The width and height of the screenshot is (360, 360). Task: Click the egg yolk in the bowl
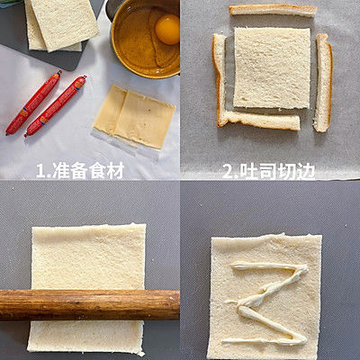(x=166, y=29)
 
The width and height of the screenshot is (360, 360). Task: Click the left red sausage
(x=32, y=103)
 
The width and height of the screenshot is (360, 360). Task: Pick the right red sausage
(x=56, y=105)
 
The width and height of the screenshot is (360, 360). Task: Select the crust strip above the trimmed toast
(x=272, y=10)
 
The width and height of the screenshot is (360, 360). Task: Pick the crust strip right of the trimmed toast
(x=322, y=82)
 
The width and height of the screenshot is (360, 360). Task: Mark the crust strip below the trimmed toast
(x=261, y=120)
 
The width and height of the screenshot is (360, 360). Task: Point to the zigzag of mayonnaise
(x=268, y=301)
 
